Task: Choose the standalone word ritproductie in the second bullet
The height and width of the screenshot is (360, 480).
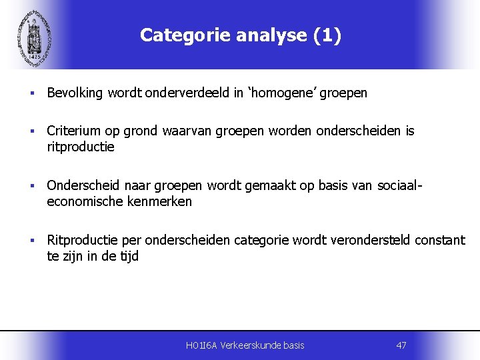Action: (81, 147)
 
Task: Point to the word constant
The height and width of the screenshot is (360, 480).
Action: (440, 241)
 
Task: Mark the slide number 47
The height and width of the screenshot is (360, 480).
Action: (401, 345)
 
